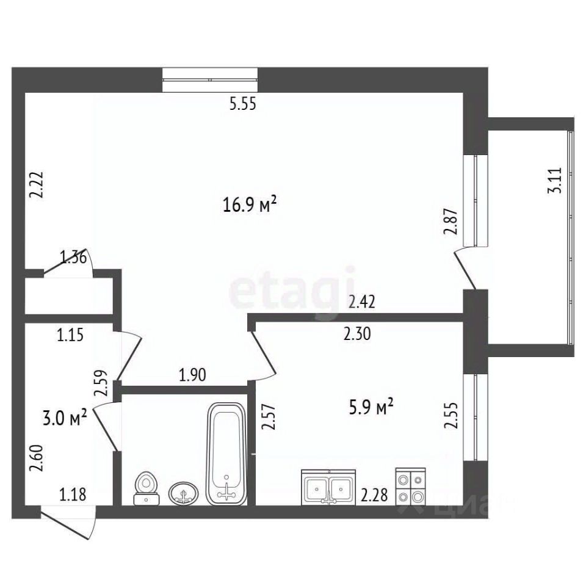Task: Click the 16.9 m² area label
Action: click(x=250, y=204)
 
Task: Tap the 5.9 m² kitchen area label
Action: click(x=371, y=407)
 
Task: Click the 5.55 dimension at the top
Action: click(x=243, y=104)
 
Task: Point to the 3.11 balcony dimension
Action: click(x=555, y=180)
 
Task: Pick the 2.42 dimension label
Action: click(x=361, y=302)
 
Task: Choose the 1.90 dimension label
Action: click(x=192, y=375)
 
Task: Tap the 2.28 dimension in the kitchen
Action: click(x=374, y=496)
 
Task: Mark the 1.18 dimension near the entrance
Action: click(x=73, y=494)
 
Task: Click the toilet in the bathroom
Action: click(x=146, y=488)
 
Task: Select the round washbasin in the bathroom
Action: click(x=184, y=493)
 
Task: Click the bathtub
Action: click(x=226, y=454)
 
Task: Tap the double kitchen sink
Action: click(x=329, y=487)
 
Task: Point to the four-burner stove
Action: click(x=411, y=487)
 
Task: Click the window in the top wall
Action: click(x=210, y=79)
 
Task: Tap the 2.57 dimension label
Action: click(x=269, y=417)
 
